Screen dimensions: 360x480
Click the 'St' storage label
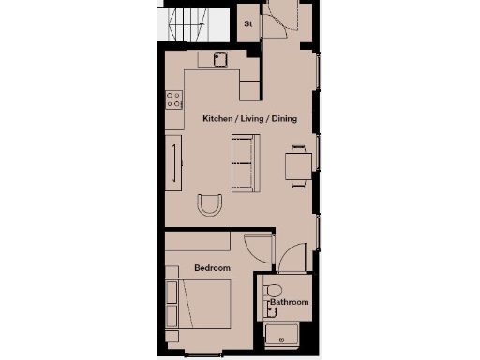tap(248, 22)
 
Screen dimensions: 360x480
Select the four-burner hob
tap(174, 98)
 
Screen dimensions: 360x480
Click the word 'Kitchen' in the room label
tap(219, 119)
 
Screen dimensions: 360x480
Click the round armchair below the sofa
tap(211, 204)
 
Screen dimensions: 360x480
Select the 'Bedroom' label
tap(212, 269)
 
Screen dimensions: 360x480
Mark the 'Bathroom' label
tap(290, 303)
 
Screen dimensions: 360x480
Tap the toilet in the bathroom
tap(273, 289)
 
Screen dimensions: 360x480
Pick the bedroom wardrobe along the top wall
tap(196, 242)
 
